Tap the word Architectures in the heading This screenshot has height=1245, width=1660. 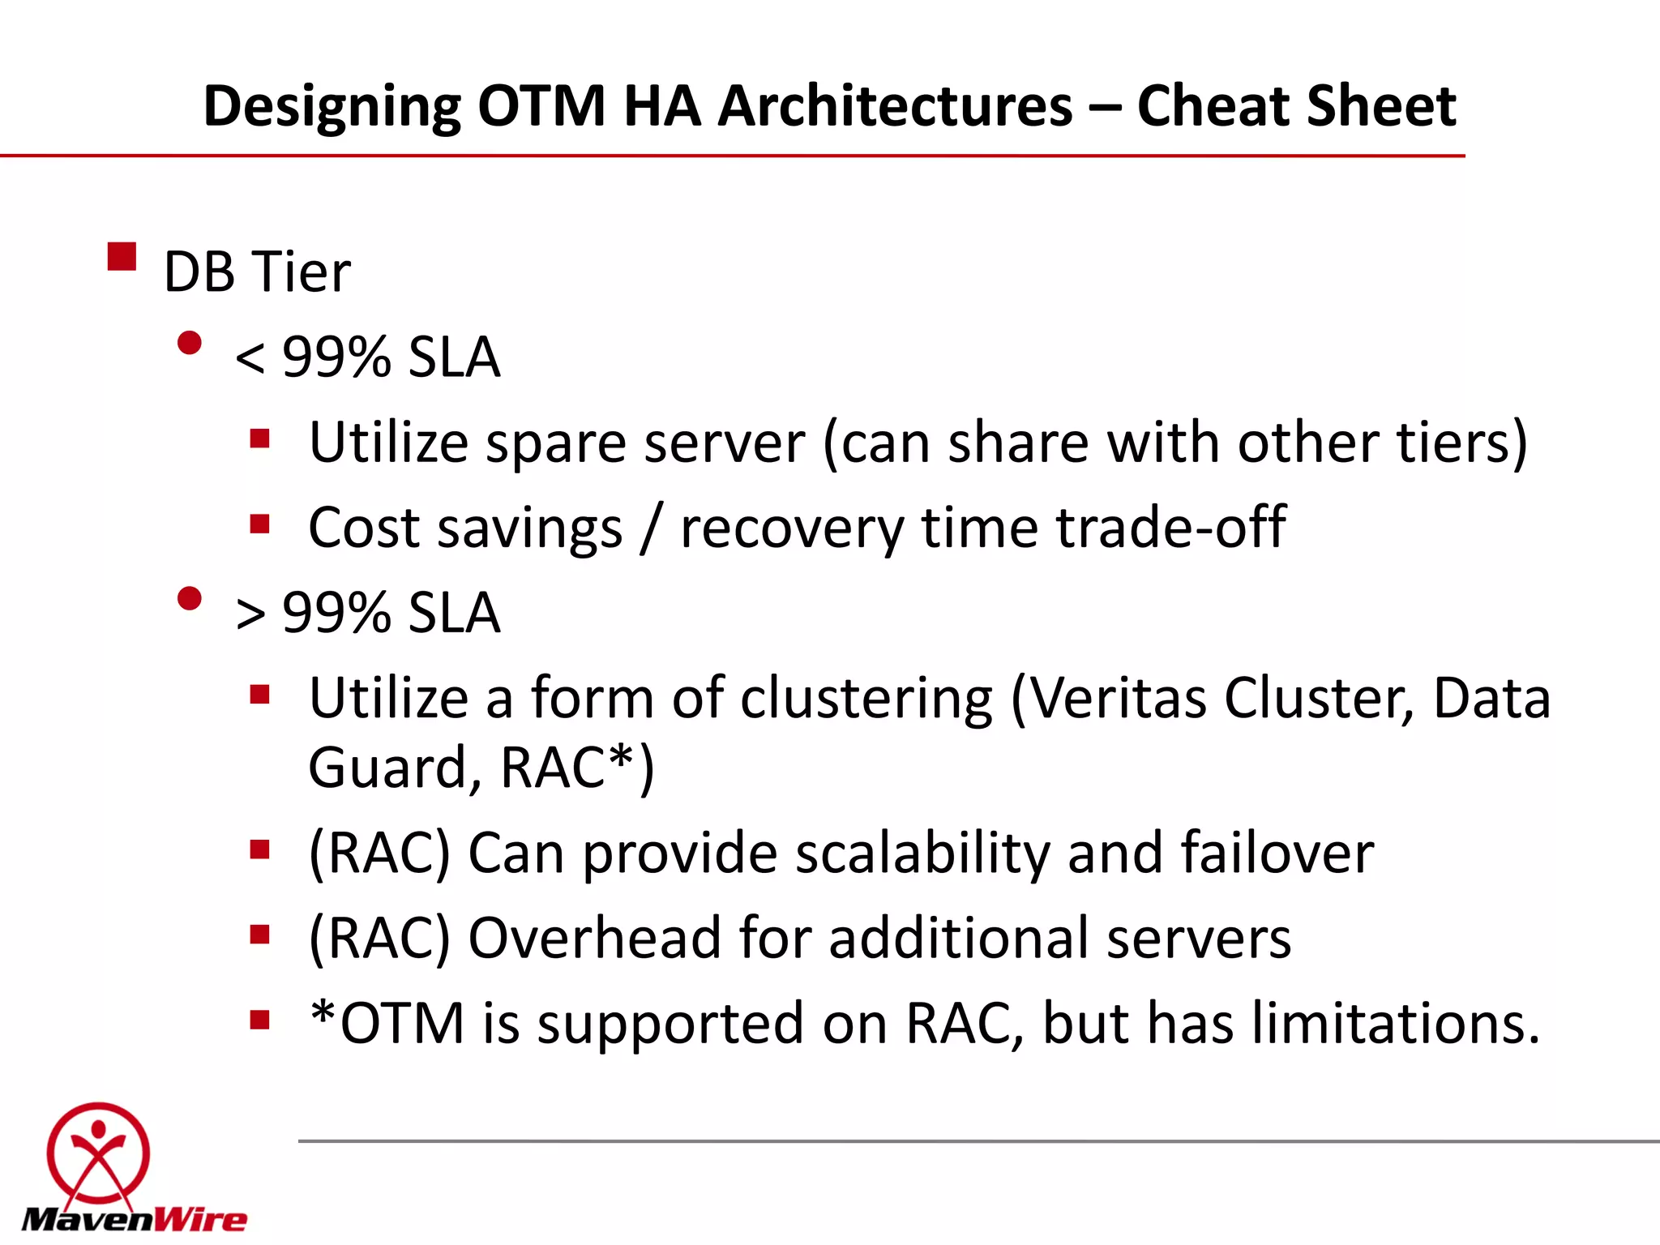point(895,106)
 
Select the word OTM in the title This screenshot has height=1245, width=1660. point(541,106)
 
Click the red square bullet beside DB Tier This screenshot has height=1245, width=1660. point(122,257)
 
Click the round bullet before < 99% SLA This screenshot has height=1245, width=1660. point(190,344)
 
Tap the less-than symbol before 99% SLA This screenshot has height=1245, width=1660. point(250,358)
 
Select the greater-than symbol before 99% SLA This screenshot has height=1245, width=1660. point(250,614)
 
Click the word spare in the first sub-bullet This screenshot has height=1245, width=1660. point(556,444)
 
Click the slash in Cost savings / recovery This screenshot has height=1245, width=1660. point(651,528)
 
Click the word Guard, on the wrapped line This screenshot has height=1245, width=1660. point(395,768)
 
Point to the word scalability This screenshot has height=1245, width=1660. point(922,854)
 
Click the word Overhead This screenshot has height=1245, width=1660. point(595,939)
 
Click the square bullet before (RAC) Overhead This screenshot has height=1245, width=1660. point(259,935)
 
